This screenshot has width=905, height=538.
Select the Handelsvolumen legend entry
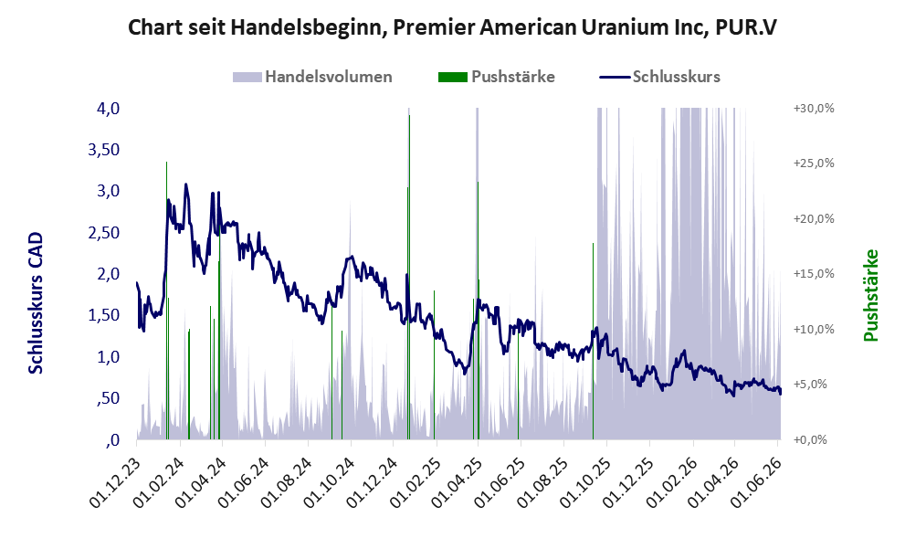[x=312, y=77]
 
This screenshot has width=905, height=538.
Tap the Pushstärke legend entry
[x=497, y=77]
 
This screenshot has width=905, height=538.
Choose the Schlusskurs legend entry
[x=659, y=77]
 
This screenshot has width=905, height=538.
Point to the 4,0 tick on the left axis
[x=108, y=109]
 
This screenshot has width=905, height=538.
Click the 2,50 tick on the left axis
[x=103, y=233]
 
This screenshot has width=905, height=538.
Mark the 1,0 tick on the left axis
[x=108, y=357]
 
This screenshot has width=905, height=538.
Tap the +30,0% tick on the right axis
[x=814, y=109]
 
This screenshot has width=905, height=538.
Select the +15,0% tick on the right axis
[x=814, y=274]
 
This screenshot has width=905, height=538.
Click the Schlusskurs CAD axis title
[x=36, y=303]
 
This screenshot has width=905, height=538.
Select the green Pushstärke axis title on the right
[x=871, y=296]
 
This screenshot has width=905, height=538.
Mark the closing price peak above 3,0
[x=186, y=185]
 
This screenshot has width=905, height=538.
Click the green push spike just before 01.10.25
[x=593, y=341]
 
